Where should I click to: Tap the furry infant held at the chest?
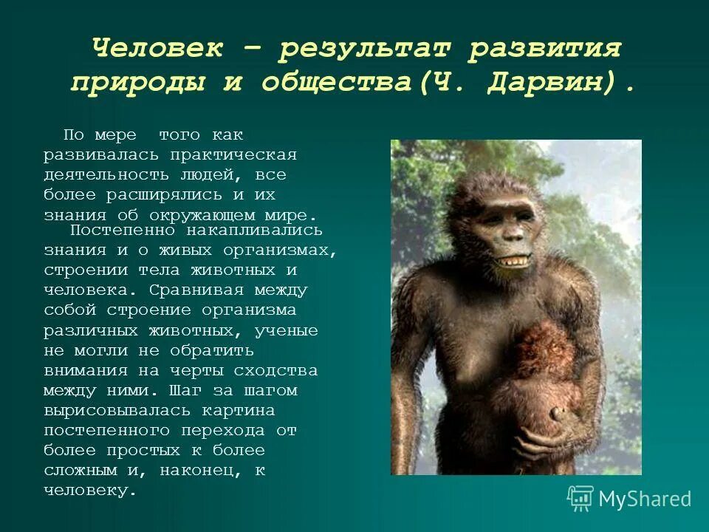[x=543, y=355]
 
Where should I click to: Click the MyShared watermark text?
[x=644, y=499]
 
